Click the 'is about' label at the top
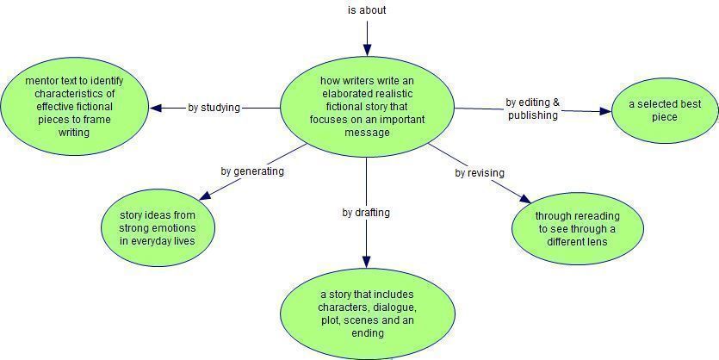(x=367, y=10)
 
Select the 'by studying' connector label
(x=214, y=108)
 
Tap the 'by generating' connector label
(x=252, y=171)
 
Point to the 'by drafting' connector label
(x=366, y=213)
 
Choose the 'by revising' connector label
(x=480, y=173)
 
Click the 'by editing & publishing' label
(x=533, y=109)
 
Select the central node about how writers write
(x=367, y=107)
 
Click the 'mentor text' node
(x=74, y=107)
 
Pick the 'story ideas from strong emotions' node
(x=158, y=228)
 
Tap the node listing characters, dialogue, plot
(x=368, y=313)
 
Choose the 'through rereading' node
(x=577, y=228)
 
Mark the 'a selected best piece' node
(x=665, y=110)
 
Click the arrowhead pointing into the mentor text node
(x=157, y=108)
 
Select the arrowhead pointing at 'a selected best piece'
(x=605, y=111)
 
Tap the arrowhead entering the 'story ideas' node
(x=205, y=196)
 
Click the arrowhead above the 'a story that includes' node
(x=366, y=262)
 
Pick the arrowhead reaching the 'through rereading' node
(x=525, y=199)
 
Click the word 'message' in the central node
(x=367, y=133)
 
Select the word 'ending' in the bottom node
(x=368, y=333)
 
